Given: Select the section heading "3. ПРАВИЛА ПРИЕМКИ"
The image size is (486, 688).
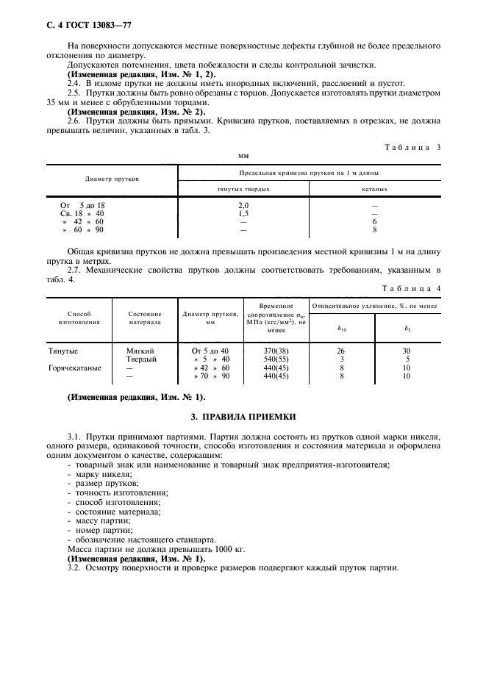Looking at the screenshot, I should pos(243,417).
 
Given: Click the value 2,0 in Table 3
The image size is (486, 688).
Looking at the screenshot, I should pos(244,206).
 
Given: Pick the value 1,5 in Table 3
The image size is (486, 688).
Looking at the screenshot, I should pos(244,213).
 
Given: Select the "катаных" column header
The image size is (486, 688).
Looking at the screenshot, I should pos(374,189).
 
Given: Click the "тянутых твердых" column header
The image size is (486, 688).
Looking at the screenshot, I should pos(244,189).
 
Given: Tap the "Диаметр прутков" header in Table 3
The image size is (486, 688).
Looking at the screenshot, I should pos(112,179).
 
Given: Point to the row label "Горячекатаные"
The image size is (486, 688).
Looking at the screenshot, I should pos(75,368).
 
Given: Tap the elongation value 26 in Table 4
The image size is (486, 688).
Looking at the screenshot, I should pos(341,351).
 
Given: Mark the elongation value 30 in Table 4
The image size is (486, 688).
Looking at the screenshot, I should pos(407,351).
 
